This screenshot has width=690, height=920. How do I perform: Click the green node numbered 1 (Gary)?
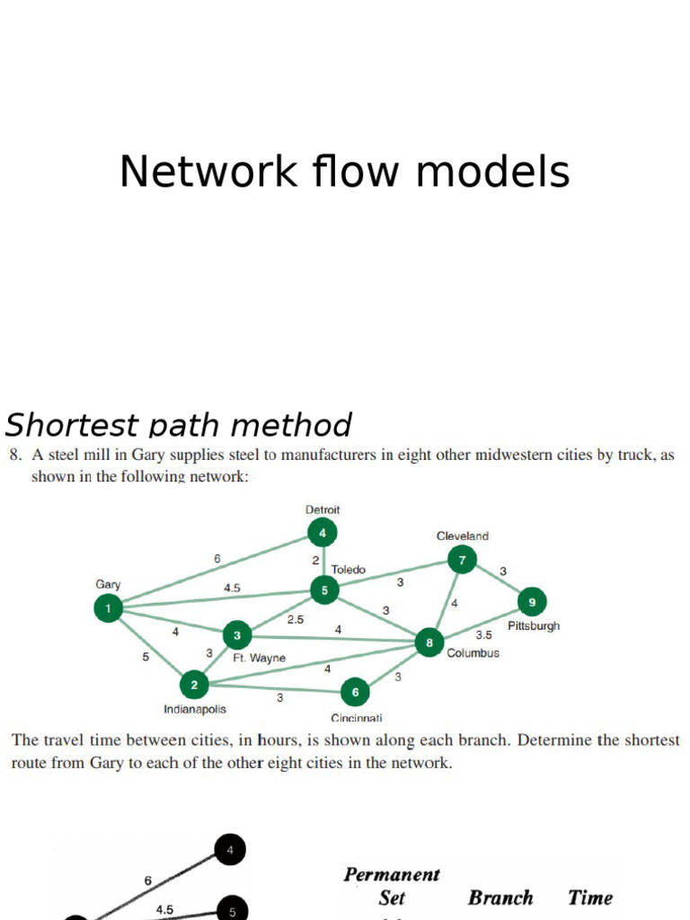[108, 609]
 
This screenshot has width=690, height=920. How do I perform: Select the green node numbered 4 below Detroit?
[322, 534]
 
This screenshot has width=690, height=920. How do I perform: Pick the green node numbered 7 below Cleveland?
[462, 561]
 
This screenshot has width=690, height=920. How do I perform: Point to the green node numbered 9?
[532, 602]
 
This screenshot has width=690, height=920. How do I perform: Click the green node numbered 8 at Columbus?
[429, 642]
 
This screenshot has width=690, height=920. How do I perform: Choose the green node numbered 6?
[355, 692]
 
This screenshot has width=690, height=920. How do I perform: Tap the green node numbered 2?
[194, 686]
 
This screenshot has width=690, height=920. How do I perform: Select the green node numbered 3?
[237, 636]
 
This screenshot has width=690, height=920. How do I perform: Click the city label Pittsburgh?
[534, 625]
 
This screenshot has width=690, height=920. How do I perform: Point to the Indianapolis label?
[195, 709]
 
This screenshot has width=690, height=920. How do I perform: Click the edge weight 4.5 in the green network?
[232, 588]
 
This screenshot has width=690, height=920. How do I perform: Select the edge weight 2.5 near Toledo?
[296, 619]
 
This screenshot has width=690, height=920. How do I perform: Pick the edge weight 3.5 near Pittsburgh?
[484, 634]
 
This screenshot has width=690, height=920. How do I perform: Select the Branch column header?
[500, 898]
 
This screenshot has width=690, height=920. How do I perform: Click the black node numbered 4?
[230, 849]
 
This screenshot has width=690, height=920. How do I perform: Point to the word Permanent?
[393, 874]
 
